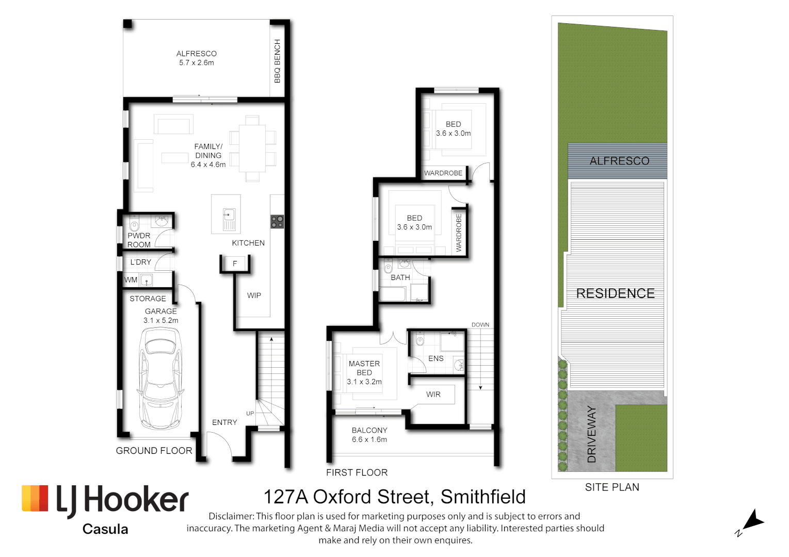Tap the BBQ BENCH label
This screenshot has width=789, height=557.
click(277, 61)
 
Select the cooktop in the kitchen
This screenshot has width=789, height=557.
click(277, 222)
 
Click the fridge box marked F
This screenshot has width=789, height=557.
click(235, 264)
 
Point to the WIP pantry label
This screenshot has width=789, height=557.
click(254, 296)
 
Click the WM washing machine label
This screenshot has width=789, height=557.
click(131, 280)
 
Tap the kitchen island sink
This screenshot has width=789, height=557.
click(229, 215)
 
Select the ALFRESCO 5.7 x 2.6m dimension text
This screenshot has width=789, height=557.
click(197, 63)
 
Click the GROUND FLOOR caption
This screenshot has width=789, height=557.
click(154, 451)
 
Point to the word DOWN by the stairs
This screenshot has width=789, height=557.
click(480, 325)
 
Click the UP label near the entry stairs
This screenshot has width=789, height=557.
click(250, 414)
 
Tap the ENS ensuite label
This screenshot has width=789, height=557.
click(436, 358)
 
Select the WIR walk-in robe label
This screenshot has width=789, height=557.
click(433, 395)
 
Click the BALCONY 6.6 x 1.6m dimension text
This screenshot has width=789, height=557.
click(369, 440)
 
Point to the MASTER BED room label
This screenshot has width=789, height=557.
click(364, 368)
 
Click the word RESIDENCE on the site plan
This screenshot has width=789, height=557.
click(615, 293)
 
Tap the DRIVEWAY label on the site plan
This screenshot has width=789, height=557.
click(592, 434)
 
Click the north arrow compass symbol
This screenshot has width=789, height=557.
click(753, 521)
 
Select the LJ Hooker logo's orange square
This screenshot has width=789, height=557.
click(35, 498)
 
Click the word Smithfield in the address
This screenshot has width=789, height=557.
click(483, 497)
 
